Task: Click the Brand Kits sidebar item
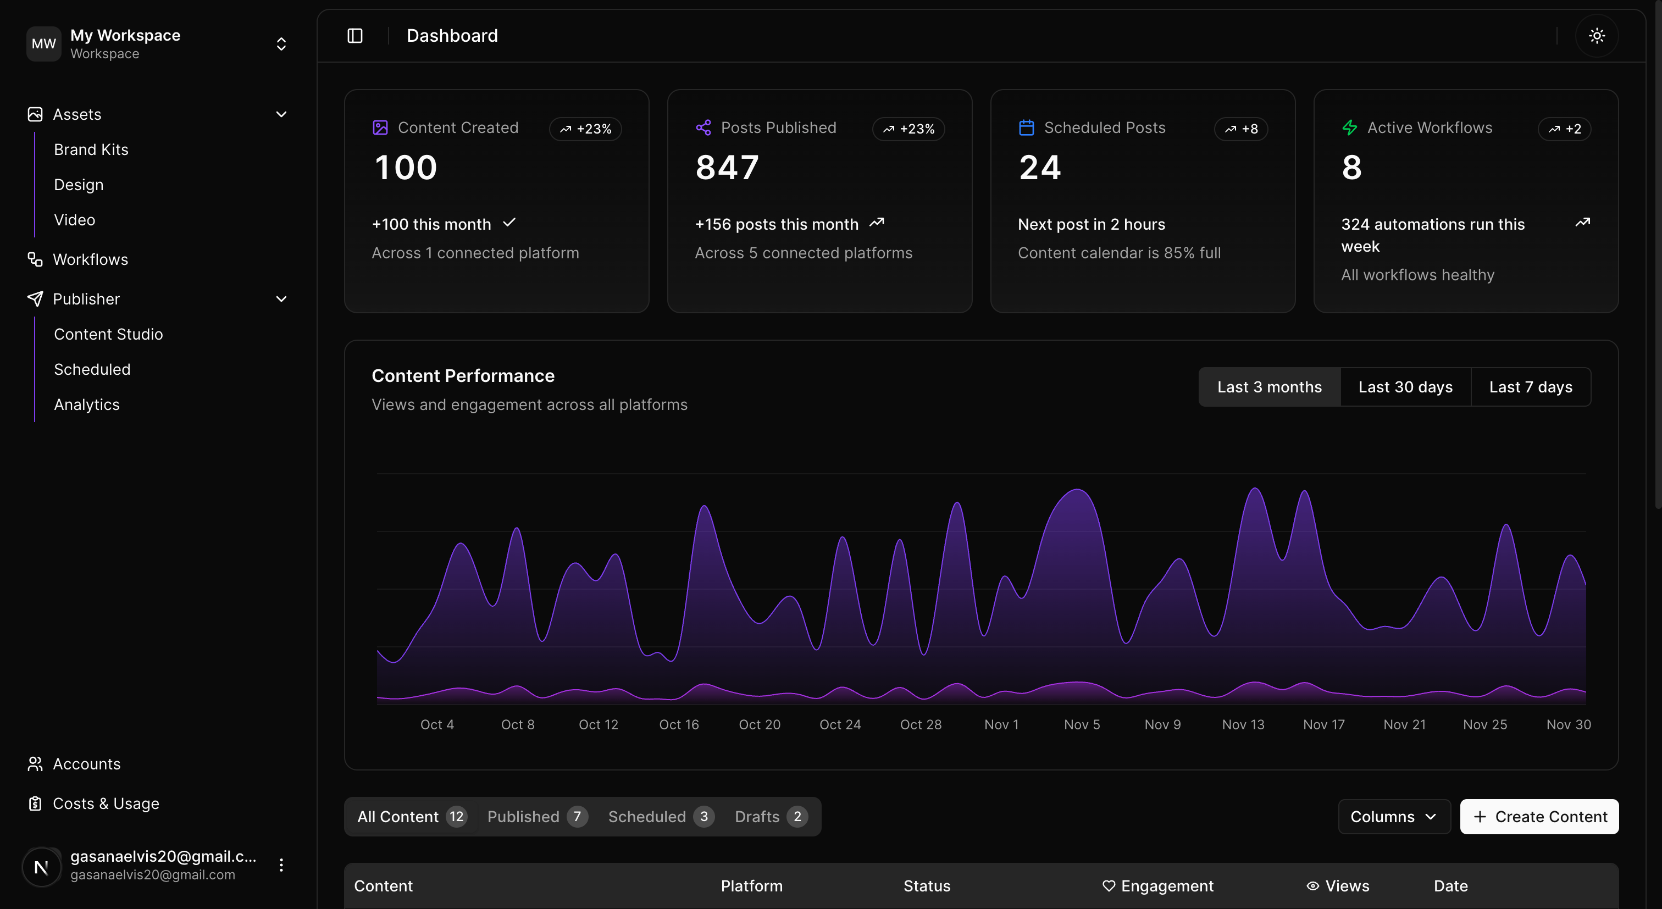tap(91, 149)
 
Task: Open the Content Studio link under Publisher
tap(108, 334)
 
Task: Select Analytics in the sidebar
tap(86, 404)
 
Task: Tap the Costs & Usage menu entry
tap(105, 803)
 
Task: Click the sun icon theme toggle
tap(1596, 36)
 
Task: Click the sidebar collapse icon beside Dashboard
tap(355, 36)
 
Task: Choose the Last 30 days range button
tap(1405, 387)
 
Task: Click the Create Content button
tap(1539, 817)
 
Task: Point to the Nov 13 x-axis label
tap(1243, 724)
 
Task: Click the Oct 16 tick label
tap(679, 724)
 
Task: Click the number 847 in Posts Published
tap(727, 168)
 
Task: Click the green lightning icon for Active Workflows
tap(1349, 128)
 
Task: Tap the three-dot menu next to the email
tap(281, 865)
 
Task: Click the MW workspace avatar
tap(43, 44)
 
